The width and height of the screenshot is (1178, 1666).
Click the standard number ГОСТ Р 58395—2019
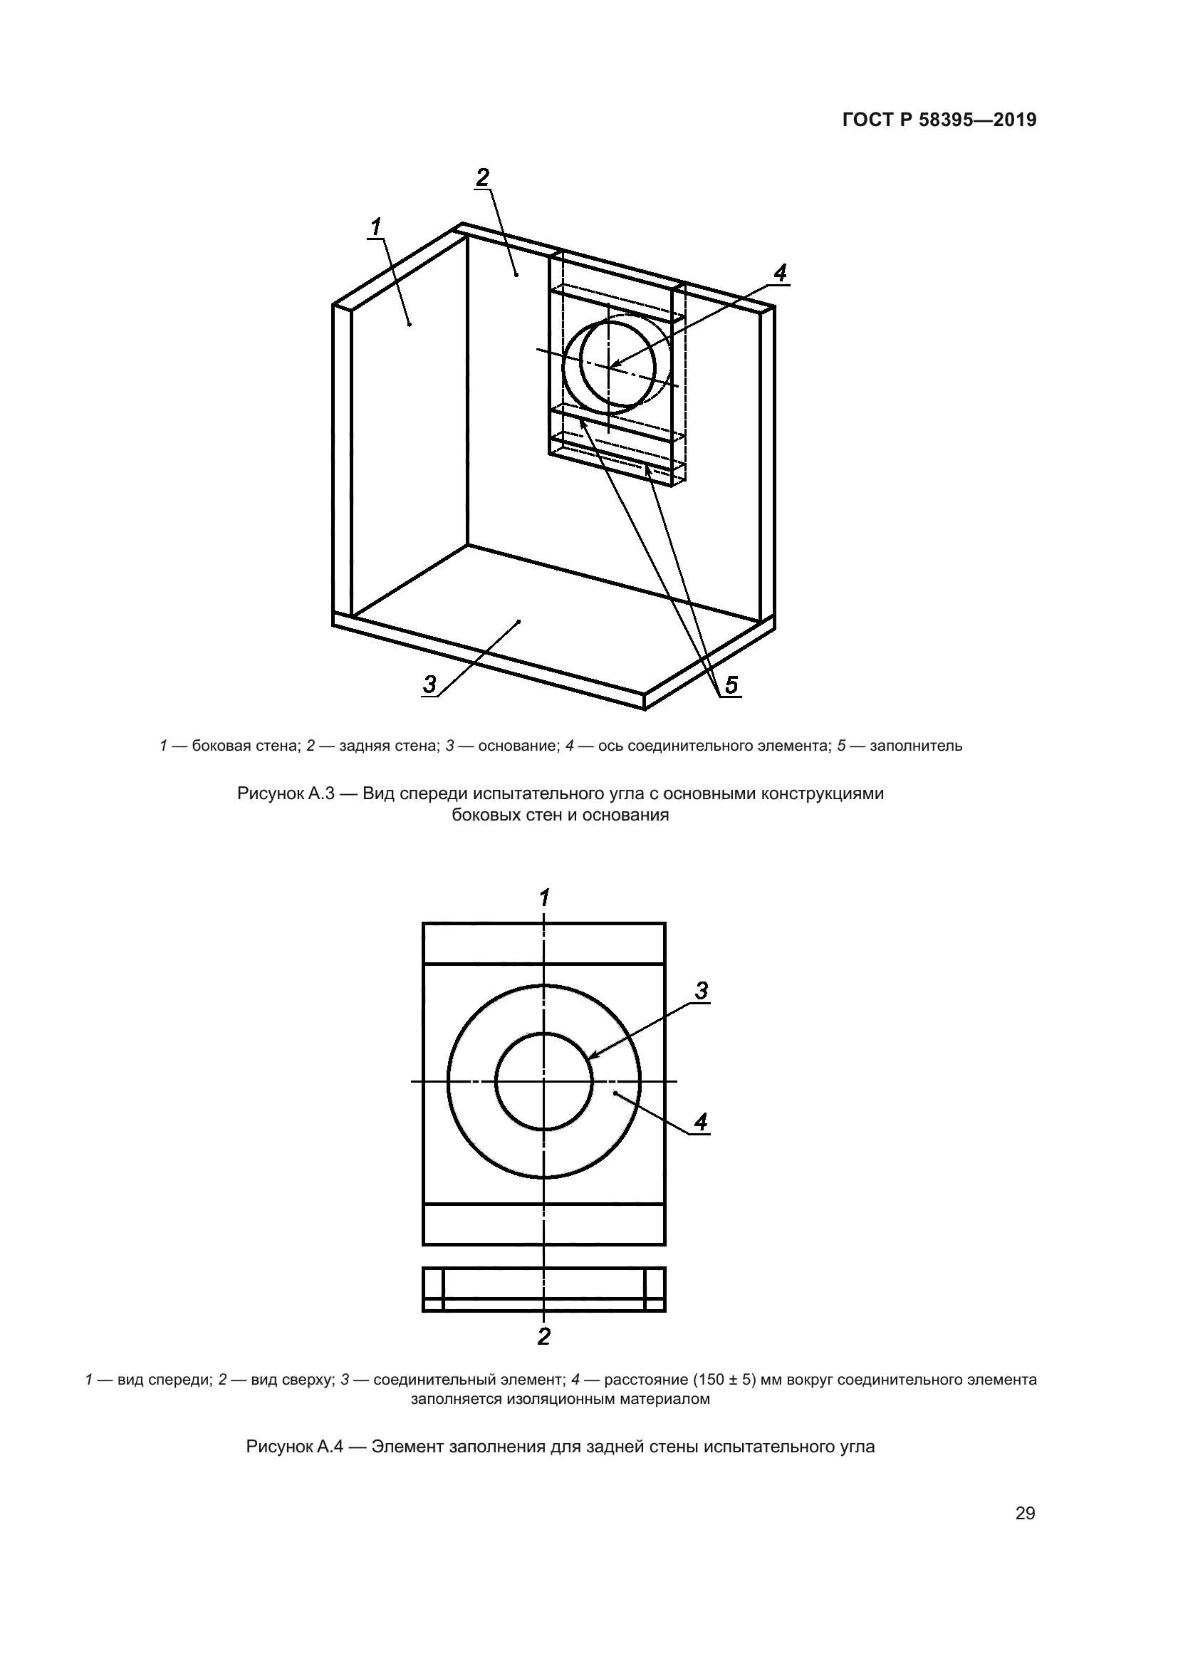(x=939, y=120)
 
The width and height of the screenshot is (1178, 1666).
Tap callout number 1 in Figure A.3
(x=376, y=227)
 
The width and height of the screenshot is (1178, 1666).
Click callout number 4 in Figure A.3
(x=779, y=274)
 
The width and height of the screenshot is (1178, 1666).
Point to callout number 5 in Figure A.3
(x=731, y=684)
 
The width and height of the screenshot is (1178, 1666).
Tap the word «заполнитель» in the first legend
(x=915, y=746)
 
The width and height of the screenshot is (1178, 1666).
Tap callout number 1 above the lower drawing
(x=544, y=897)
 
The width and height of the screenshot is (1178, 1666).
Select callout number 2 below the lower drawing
(x=544, y=1336)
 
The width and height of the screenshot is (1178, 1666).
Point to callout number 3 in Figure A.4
(x=701, y=991)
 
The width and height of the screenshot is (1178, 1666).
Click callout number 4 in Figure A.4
(x=700, y=1123)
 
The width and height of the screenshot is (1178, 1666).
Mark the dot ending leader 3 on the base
(x=518, y=621)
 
